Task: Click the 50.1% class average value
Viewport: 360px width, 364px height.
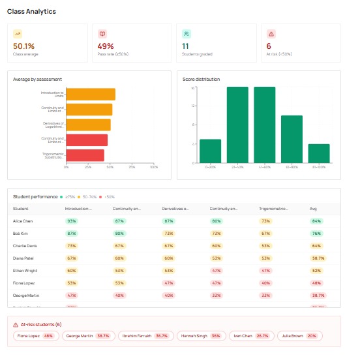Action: pos(23,46)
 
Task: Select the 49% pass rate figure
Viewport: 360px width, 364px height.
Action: pos(106,46)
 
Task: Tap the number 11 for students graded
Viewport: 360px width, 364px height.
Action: pos(185,46)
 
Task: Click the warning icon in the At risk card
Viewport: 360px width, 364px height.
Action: pos(271,34)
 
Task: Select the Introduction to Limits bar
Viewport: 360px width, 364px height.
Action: pos(91,95)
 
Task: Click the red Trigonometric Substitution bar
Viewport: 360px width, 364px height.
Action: pos(85,155)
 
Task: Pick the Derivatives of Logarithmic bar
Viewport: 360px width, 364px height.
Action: pos(88,125)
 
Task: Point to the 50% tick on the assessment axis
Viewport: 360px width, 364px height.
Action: pos(110,168)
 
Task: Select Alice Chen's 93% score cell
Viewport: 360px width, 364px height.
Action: pos(71,221)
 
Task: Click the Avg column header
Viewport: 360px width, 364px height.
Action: pos(314,209)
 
